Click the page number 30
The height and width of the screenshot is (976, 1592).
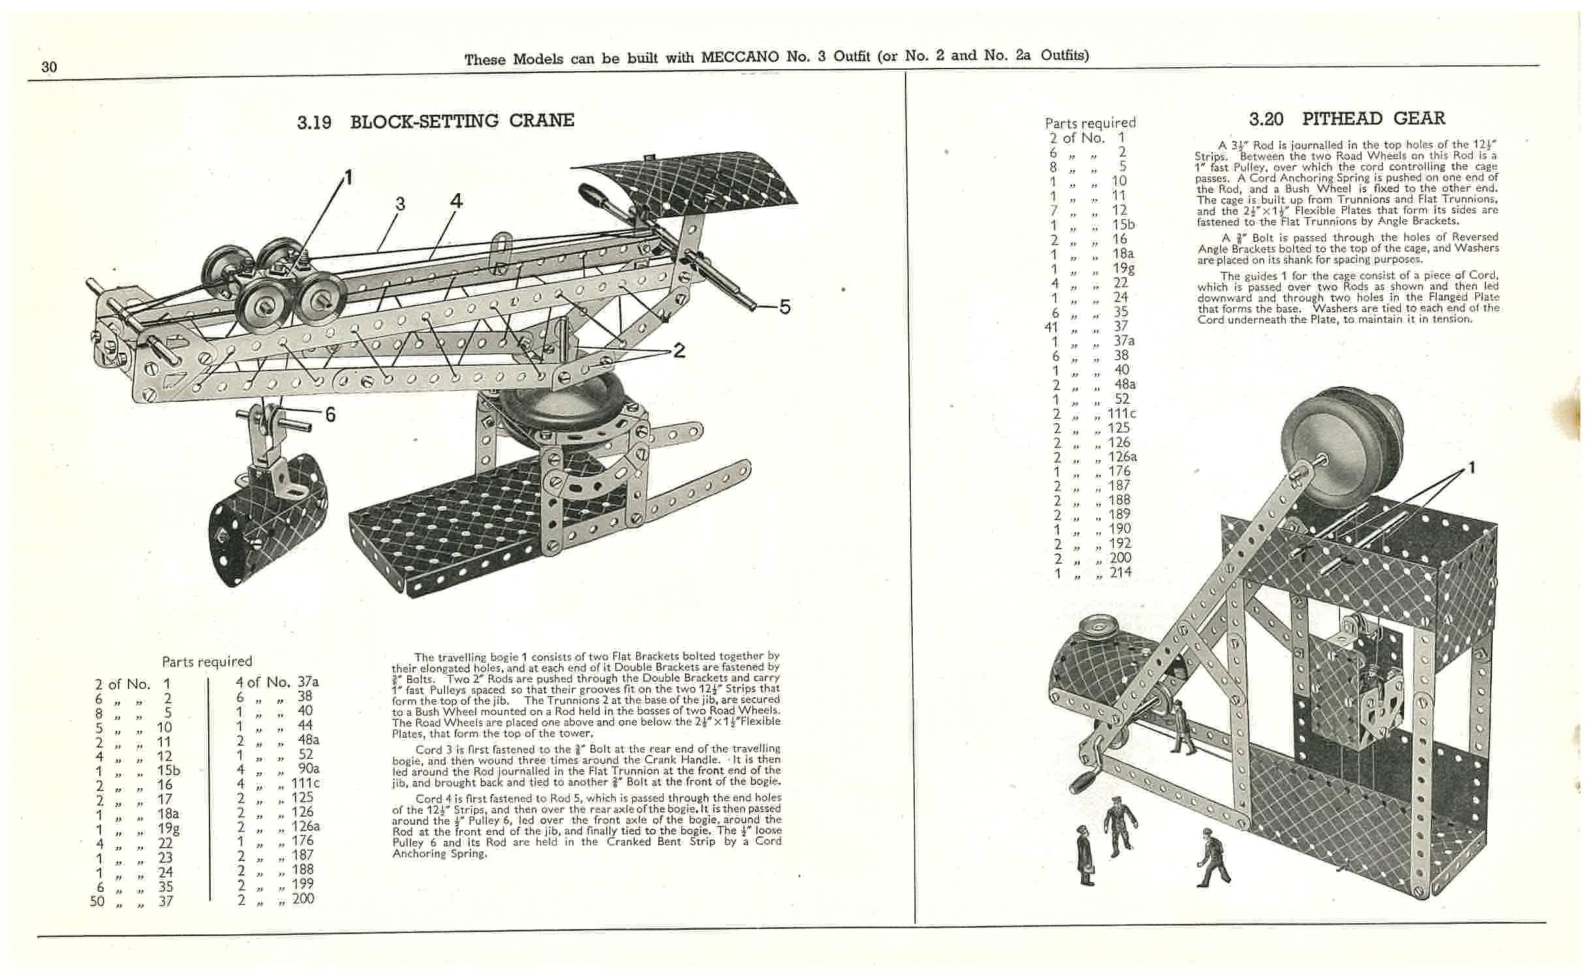coord(49,67)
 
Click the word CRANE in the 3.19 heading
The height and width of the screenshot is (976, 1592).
coord(542,121)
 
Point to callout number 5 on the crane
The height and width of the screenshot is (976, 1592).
coord(784,307)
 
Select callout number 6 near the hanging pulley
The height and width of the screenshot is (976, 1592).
coord(330,414)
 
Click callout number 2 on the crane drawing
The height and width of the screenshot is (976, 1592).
coord(679,351)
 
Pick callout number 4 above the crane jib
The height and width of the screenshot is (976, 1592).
coord(456,201)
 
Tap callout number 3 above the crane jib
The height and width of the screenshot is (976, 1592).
coord(400,204)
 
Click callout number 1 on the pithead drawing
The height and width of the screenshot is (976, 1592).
coord(1471,468)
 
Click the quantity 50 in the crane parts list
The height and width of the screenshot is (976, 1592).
coord(97,902)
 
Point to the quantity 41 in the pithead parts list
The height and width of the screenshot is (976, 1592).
coord(1051,326)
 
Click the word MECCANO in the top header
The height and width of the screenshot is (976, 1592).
coord(740,57)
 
